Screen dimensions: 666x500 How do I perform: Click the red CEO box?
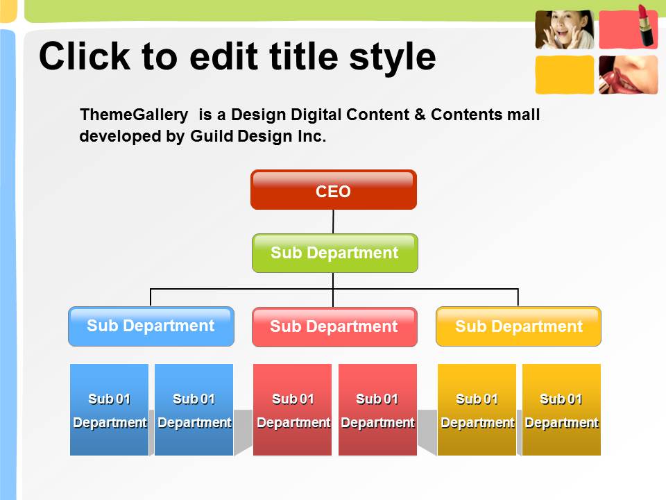coord(334,190)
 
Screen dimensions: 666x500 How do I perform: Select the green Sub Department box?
coord(334,253)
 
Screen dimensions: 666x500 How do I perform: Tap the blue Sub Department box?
coord(151,326)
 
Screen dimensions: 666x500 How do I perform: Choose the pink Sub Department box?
coord(334,327)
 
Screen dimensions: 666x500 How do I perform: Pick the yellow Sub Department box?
coord(519,326)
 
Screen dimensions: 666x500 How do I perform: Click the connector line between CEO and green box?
coord(333,222)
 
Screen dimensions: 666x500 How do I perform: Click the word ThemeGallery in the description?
coord(134,115)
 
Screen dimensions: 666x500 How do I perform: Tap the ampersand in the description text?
coord(420,115)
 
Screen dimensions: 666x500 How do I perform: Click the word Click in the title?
coord(85,56)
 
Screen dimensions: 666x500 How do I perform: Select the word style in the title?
coord(393,58)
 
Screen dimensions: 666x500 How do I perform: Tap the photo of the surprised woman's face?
coord(565,29)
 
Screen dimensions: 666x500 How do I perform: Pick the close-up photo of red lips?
coord(629,75)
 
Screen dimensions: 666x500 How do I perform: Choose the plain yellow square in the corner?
coord(565,75)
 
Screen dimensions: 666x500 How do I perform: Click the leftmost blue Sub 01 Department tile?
coord(109,410)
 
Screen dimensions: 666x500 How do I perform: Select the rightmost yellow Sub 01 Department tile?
coord(561,410)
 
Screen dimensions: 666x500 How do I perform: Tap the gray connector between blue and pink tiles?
coord(243,431)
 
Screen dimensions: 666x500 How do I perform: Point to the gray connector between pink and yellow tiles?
coord(427,431)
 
